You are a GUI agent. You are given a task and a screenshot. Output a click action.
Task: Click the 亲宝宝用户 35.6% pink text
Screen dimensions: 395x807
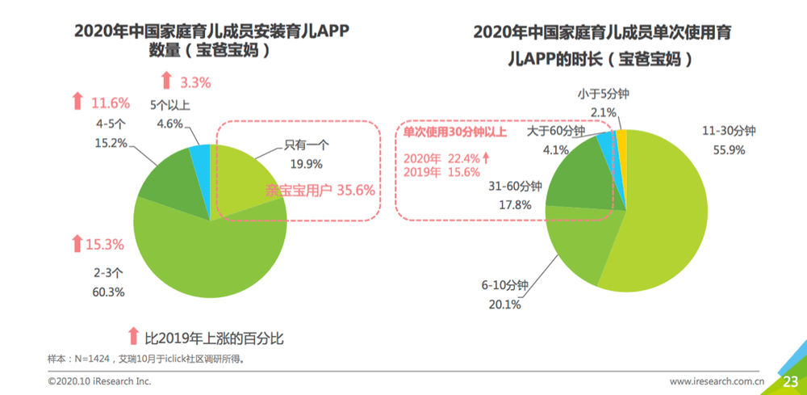click(x=320, y=191)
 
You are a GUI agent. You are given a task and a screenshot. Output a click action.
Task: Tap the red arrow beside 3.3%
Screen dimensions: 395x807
click(x=166, y=81)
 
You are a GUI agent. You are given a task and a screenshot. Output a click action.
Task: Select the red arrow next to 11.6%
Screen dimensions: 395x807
click(x=77, y=102)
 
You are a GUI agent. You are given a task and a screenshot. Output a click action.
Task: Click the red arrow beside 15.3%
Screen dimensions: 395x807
click(x=77, y=243)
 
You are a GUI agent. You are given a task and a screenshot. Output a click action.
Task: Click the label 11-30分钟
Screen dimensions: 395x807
click(x=727, y=131)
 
